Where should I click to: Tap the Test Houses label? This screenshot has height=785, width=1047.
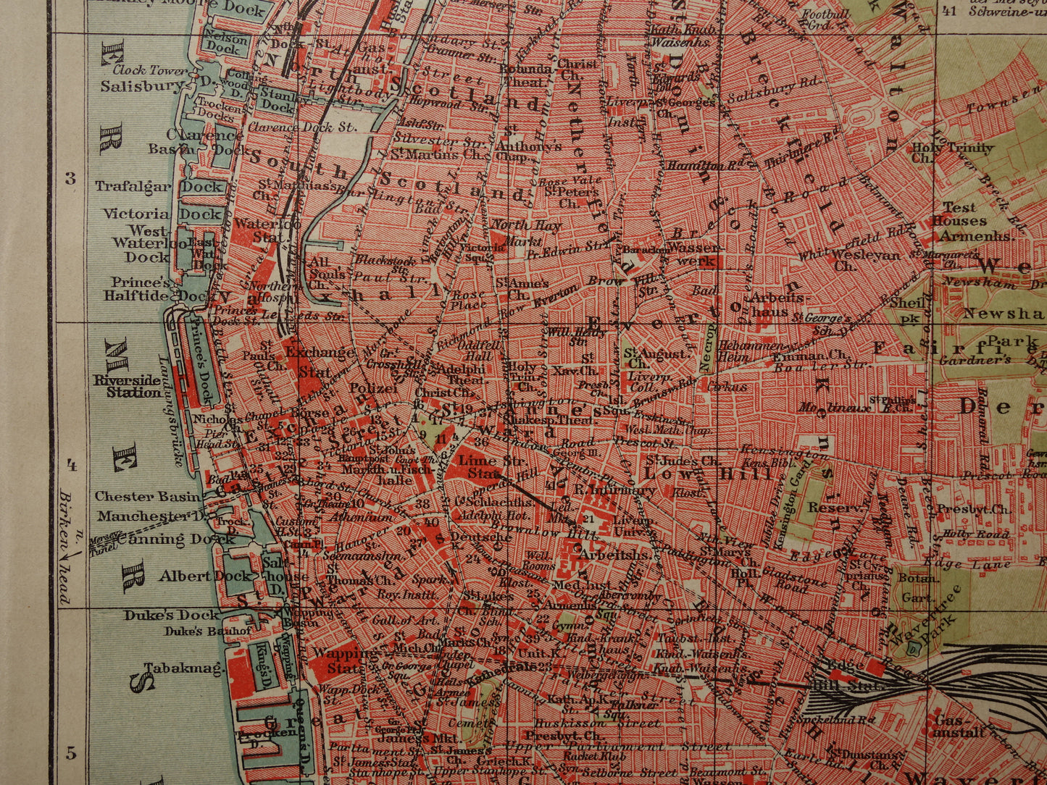click(x=959, y=214)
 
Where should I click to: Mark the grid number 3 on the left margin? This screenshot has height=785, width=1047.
click(x=70, y=179)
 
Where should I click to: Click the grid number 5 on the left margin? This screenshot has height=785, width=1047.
click(x=70, y=753)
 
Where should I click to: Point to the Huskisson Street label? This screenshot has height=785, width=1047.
click(x=593, y=723)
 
